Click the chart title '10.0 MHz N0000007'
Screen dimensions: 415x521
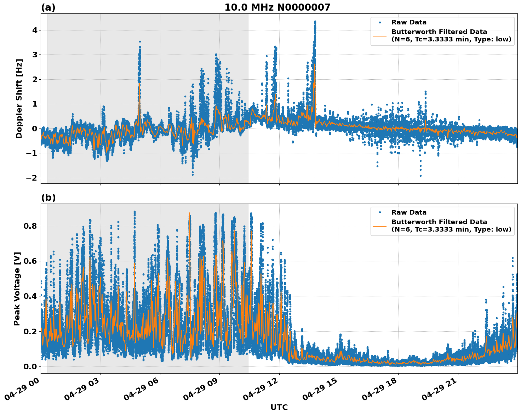(x=277, y=7)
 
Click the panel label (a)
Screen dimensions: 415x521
(x=48, y=7)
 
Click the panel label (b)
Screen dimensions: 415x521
(x=48, y=198)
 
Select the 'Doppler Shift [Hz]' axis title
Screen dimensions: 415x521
(x=19, y=98)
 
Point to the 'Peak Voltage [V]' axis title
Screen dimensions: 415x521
(x=17, y=289)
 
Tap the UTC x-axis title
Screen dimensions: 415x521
(x=279, y=407)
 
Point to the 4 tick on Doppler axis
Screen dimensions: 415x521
(x=35, y=30)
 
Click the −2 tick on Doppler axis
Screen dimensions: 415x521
(x=32, y=178)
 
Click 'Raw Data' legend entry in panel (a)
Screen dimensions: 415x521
(x=409, y=22)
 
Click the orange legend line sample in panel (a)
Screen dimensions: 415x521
(x=379, y=35)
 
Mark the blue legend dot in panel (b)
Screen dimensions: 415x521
(x=379, y=212)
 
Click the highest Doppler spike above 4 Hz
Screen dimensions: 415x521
(x=315, y=22)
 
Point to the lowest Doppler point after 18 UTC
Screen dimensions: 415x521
(x=420, y=176)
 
